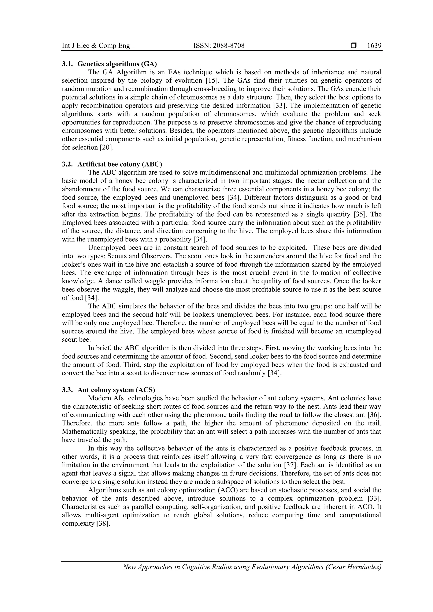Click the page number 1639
click(374, 46)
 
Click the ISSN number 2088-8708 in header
click(219, 46)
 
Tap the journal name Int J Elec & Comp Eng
click(96, 46)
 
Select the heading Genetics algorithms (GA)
click(117, 64)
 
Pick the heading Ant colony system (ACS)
click(116, 390)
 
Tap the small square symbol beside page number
click(354, 46)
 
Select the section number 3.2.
click(67, 164)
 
